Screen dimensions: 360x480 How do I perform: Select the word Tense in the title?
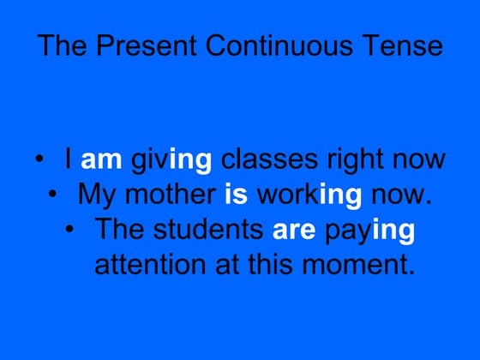point(401,45)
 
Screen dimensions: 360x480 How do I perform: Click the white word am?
point(101,160)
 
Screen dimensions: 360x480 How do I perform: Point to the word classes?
point(262,160)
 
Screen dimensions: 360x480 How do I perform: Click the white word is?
point(237,195)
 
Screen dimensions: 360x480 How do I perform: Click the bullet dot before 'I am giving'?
point(39,160)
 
